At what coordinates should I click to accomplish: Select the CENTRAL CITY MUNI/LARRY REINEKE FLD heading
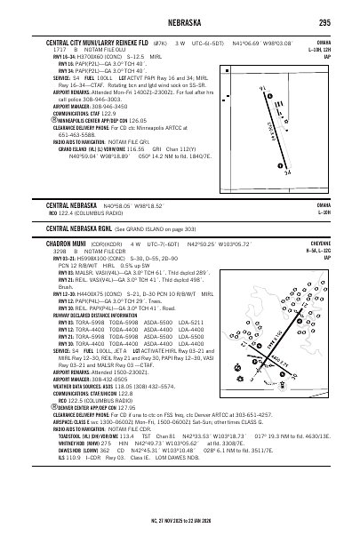click(x=104, y=42)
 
